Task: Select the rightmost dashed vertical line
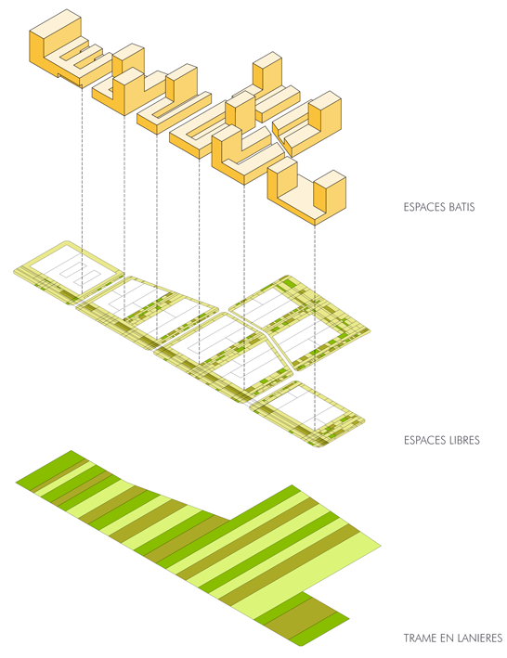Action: coord(315,329)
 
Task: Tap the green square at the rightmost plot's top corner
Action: coord(289,285)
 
